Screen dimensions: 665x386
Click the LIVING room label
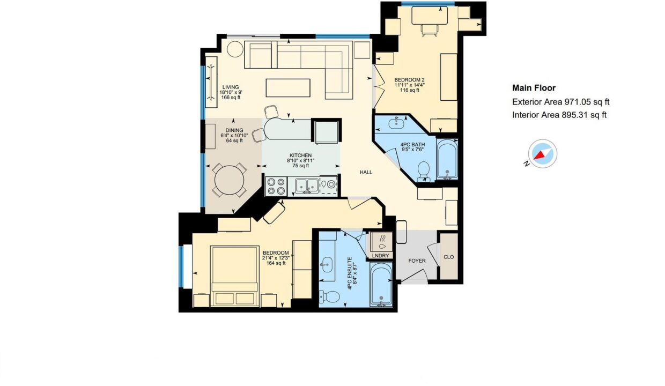[x=231, y=87]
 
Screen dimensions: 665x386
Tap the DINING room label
[x=234, y=130]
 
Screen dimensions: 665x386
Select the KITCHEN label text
[x=300, y=155]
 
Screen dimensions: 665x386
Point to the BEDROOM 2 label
[x=409, y=80]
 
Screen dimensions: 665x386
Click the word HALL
[x=366, y=172]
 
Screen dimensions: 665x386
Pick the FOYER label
[x=417, y=261]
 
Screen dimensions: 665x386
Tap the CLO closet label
[x=448, y=257]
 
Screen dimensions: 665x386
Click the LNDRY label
[x=380, y=255]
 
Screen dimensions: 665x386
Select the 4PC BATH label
[x=412, y=145]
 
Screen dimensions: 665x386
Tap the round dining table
[x=229, y=180]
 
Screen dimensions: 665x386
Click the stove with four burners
[x=276, y=187]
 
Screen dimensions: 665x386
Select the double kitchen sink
[x=307, y=186]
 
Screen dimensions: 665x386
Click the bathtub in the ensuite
[x=381, y=285]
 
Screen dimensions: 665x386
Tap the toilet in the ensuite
[x=329, y=296]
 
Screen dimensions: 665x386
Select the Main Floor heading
[x=534, y=88]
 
